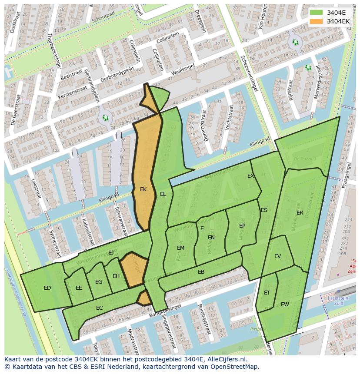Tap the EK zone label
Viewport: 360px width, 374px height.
pos(143,189)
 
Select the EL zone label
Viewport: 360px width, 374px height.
pos(163,194)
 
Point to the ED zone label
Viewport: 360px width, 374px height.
pos(47,288)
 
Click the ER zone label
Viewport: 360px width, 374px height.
pos(300,213)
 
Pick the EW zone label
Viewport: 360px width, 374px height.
pos(285,304)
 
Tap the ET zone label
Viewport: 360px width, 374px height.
pos(267,293)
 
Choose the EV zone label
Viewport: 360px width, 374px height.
pos(278,256)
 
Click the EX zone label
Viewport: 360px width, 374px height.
pos(250,176)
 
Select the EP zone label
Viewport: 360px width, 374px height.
pos(242,226)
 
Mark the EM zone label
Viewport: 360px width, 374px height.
pos(180,248)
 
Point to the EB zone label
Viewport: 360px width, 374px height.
pos(201,272)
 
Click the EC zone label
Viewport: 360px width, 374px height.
pos(100,308)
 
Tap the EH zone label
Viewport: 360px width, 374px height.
pos(116,276)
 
